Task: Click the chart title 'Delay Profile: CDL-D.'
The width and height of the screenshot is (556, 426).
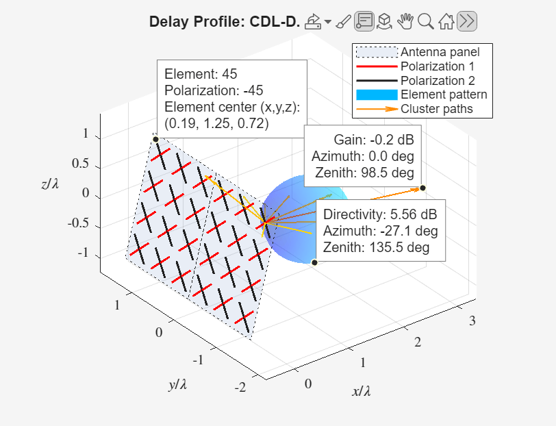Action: [225, 22]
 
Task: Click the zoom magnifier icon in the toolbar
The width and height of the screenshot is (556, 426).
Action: [425, 22]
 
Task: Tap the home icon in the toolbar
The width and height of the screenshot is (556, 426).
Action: [446, 22]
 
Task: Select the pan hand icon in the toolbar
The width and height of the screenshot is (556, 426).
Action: [405, 22]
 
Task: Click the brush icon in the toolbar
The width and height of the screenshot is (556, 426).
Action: [343, 22]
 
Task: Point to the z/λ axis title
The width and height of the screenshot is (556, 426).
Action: [50, 184]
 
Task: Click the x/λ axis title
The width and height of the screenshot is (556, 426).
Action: [362, 391]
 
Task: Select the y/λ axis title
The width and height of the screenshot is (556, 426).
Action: [177, 384]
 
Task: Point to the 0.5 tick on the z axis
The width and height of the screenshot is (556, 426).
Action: [80, 164]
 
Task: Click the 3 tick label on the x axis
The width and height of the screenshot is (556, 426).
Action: [472, 321]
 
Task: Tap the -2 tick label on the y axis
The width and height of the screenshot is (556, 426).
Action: [240, 387]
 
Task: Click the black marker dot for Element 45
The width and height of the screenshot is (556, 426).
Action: [155, 140]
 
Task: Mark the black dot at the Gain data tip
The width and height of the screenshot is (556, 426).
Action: [422, 188]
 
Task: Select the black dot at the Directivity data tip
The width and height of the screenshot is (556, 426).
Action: [314, 262]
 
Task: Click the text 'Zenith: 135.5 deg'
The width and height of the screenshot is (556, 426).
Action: [376, 247]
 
